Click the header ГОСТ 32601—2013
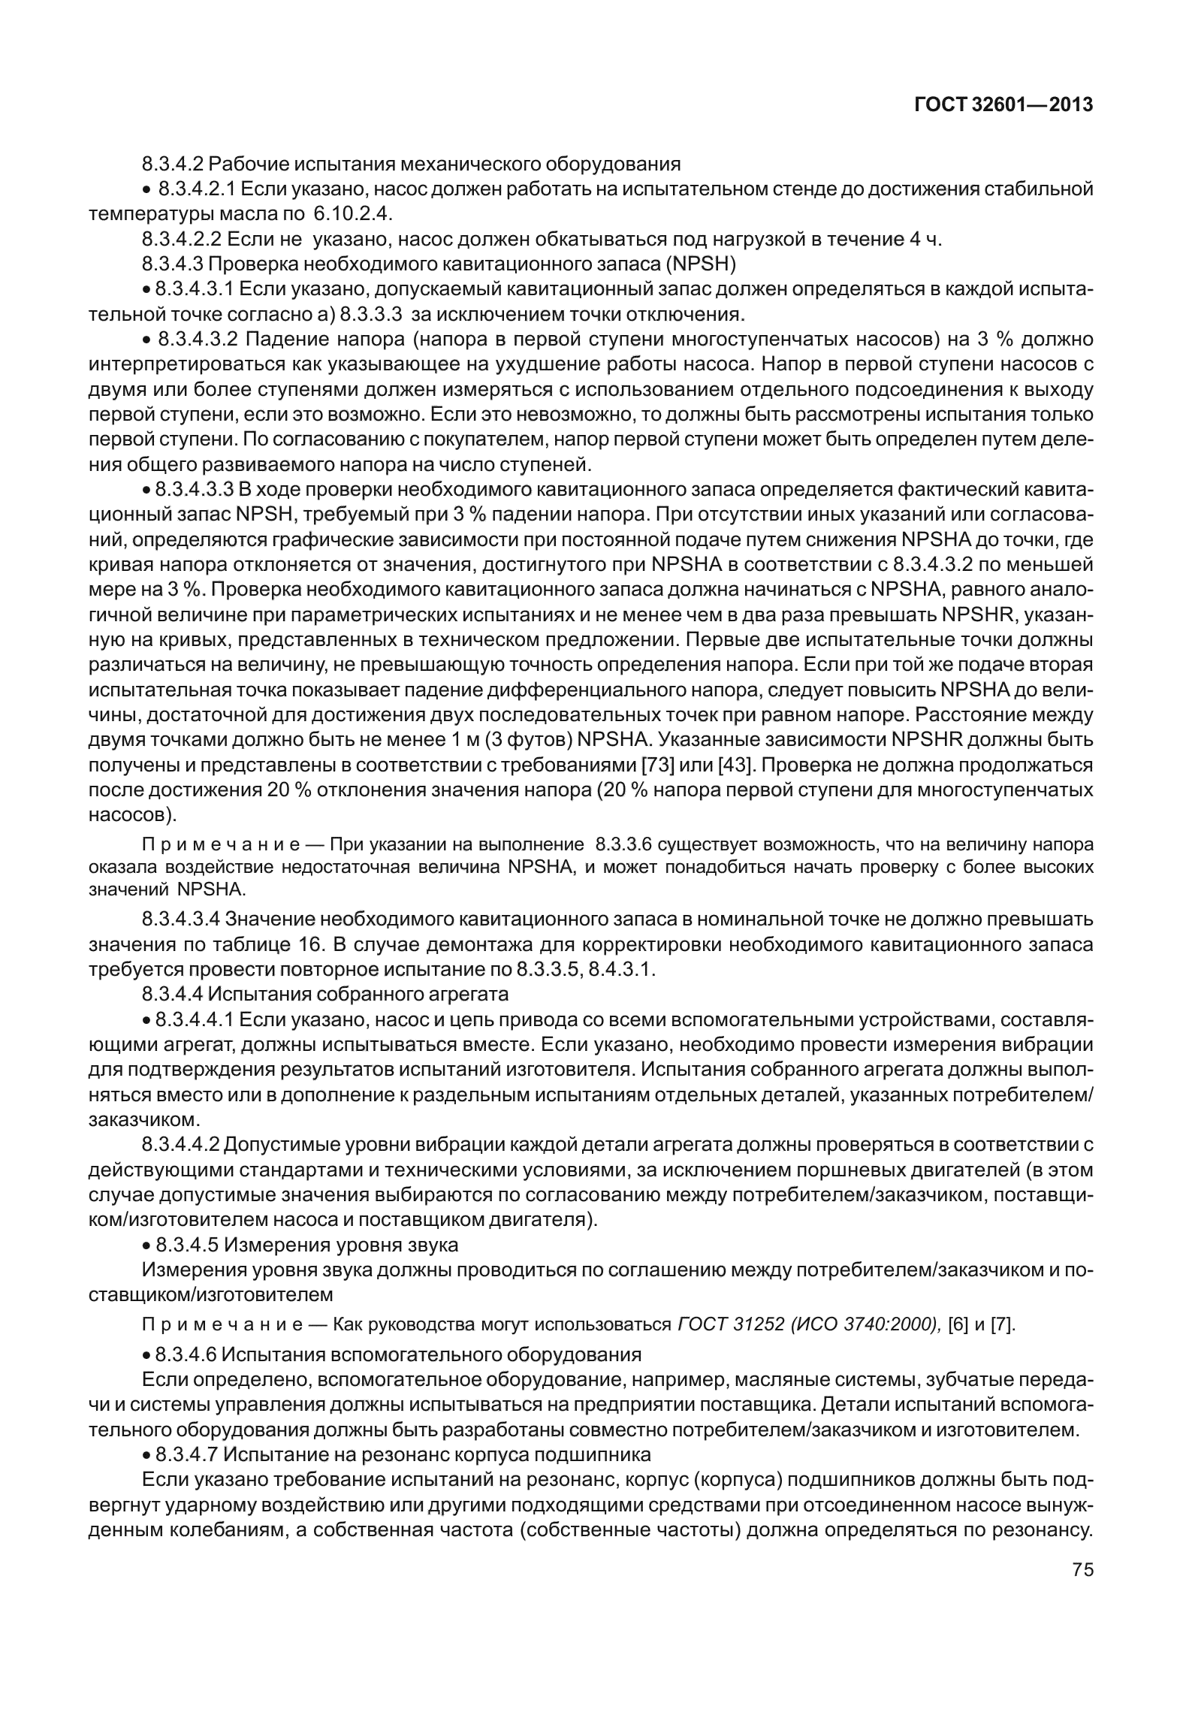point(1003,106)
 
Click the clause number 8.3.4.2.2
point(180,240)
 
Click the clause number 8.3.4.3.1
point(195,290)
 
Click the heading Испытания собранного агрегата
point(358,994)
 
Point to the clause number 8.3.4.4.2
point(180,1145)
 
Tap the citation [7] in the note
point(1002,1324)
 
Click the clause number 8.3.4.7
point(186,1455)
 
